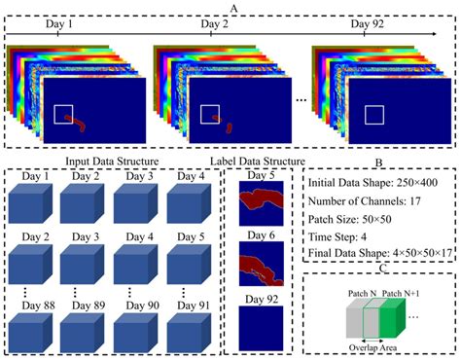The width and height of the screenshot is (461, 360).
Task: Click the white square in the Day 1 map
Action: click(64, 114)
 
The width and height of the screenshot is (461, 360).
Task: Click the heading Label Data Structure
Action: click(257, 161)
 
